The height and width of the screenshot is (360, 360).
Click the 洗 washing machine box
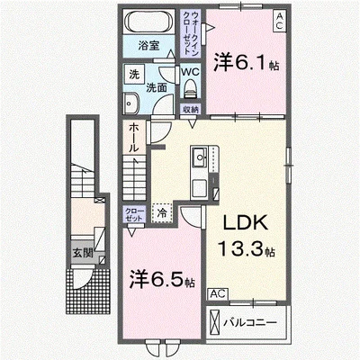(x=132, y=74)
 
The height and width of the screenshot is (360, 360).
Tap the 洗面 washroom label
(x=156, y=87)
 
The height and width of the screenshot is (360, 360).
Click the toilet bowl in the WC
(x=190, y=89)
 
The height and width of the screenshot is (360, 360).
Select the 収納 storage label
(x=190, y=110)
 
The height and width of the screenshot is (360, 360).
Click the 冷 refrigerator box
(x=162, y=214)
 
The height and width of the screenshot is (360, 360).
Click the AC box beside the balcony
(x=218, y=293)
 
